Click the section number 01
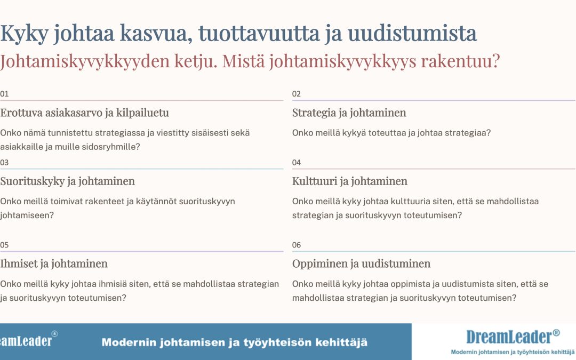(4, 94)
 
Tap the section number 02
(297, 94)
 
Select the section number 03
(4, 163)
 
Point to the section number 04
(297, 163)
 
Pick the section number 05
(4, 245)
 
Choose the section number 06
(297, 245)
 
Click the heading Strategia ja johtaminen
(349, 113)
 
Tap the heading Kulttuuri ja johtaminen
(350, 181)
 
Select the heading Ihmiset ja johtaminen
(54, 264)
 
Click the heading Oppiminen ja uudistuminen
(361, 264)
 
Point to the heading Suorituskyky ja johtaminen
(67, 181)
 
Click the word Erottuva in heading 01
(21, 113)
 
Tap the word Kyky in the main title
(24, 34)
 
